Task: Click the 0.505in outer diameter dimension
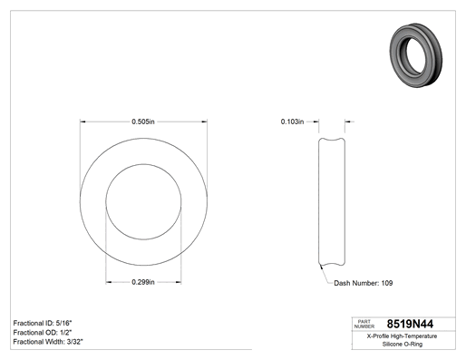coord(143,122)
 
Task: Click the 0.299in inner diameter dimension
coord(143,282)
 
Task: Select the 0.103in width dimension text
coord(292,122)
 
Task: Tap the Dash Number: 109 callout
coord(364,283)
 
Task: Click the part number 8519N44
coord(410,324)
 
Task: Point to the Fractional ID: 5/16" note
coord(43,323)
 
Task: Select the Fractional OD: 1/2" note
coord(43,332)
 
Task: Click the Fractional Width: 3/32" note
coord(48,342)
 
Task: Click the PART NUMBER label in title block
coord(364,324)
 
